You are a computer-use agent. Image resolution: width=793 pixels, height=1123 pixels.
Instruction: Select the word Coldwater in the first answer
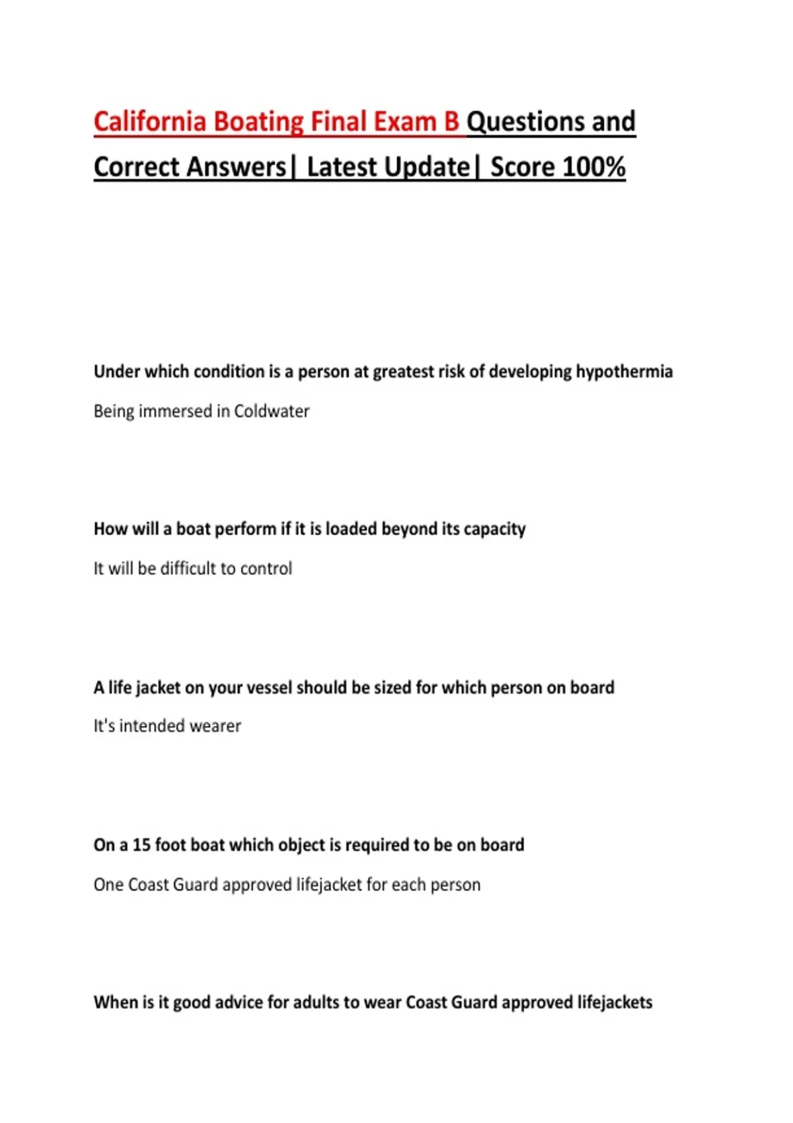[x=272, y=412]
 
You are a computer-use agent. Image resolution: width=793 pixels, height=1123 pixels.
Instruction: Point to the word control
[x=266, y=569]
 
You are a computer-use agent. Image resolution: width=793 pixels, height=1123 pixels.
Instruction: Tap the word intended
[x=152, y=726]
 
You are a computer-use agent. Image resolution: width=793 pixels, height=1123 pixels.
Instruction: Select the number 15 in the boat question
[x=141, y=845]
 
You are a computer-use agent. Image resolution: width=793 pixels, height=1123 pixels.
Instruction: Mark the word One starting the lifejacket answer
[x=108, y=885]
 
